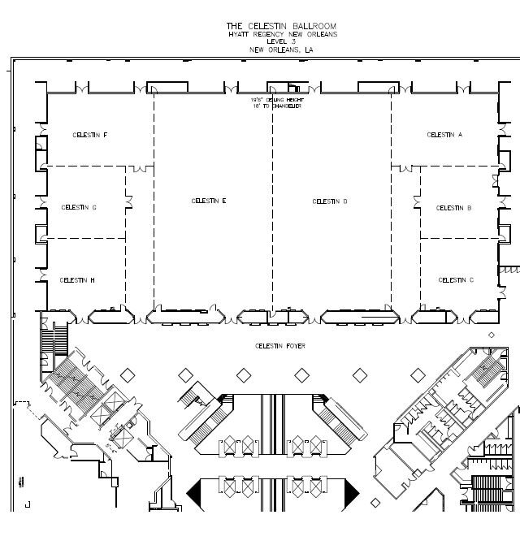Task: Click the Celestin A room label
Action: [444, 135]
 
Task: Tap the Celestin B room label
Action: [454, 208]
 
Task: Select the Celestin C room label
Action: [456, 280]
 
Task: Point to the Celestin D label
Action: [330, 201]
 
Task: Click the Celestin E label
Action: [208, 201]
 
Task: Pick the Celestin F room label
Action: [90, 135]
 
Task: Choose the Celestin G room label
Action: [79, 207]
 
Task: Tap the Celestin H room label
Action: [77, 280]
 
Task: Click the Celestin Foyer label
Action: [274, 346]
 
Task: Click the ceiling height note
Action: [272, 102]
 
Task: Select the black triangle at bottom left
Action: [196, 491]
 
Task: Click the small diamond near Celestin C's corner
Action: [491, 335]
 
